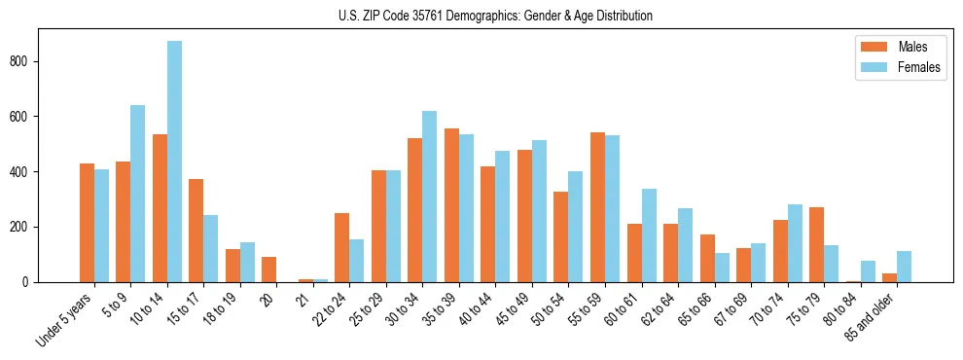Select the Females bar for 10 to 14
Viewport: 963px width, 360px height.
click(174, 162)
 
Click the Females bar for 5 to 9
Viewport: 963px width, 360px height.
click(137, 194)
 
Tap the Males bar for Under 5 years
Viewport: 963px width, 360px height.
click(87, 223)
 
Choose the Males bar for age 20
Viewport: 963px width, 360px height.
click(269, 270)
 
